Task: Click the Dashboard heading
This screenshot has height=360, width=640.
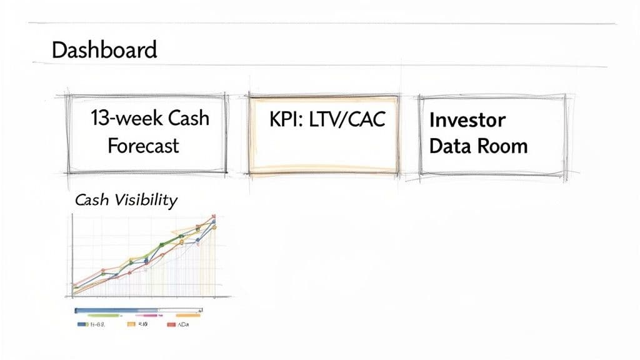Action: tap(104, 50)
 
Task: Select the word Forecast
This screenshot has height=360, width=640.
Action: tap(143, 146)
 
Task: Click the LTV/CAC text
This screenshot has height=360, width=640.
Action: tap(349, 119)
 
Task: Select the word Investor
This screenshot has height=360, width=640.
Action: tap(467, 119)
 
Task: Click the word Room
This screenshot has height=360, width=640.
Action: tap(503, 146)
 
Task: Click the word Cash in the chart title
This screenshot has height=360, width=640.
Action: tap(91, 200)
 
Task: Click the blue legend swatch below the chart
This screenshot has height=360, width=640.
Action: tap(81, 325)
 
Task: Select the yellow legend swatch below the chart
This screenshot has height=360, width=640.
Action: tap(131, 325)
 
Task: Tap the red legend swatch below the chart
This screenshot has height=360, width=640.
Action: tap(171, 325)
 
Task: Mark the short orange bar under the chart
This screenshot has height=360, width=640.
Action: tap(187, 316)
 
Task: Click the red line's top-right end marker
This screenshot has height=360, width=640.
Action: tap(213, 216)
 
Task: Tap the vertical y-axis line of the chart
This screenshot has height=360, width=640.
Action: tap(72, 256)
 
